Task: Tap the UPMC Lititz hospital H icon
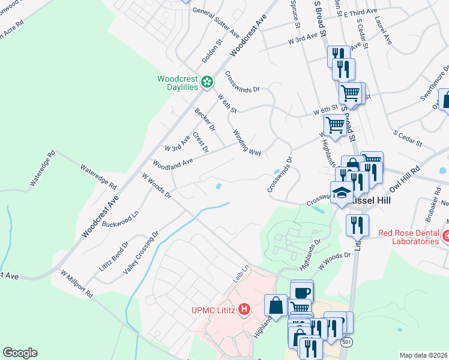coord(244,310)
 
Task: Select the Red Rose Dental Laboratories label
coord(408,236)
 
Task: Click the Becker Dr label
coord(205,119)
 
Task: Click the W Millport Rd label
coord(76,283)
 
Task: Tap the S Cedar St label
coord(408,137)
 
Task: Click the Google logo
coord(20,353)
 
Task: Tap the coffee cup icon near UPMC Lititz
coord(302,292)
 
